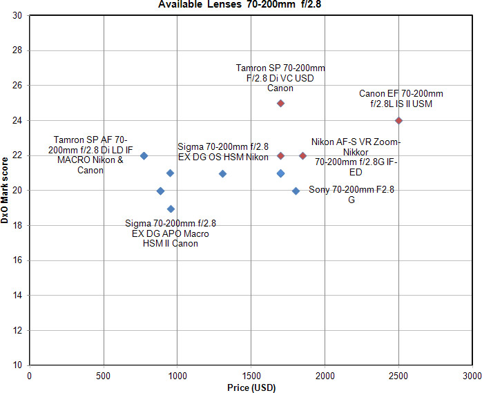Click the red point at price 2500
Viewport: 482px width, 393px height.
398,120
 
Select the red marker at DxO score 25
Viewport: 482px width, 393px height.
280,103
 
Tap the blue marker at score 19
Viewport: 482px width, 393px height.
171,209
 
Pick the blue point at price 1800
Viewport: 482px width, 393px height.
296,191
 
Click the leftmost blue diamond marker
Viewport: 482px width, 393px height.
144,156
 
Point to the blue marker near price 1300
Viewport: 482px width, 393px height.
222,173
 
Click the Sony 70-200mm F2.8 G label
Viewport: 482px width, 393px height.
336,194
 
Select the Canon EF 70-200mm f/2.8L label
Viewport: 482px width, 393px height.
401,98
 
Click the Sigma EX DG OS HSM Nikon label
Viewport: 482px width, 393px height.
222,152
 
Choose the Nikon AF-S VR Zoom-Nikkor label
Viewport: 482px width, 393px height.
356,157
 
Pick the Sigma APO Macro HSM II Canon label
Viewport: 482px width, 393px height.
171,233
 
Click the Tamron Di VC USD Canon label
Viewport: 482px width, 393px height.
280,78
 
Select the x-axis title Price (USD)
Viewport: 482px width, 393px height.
251,387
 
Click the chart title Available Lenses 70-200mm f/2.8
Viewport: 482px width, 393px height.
241,4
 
